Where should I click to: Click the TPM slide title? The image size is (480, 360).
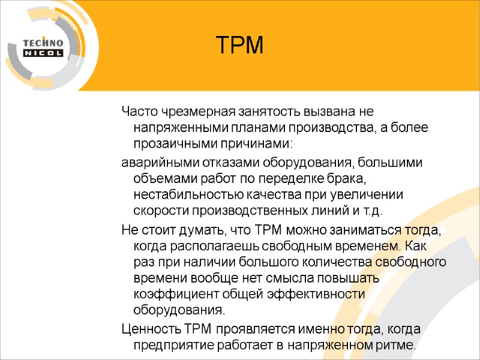click(x=239, y=45)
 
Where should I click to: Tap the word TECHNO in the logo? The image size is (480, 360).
click(x=43, y=43)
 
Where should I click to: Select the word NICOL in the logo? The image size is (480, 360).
click(x=43, y=53)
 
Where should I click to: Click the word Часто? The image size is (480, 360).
click(x=137, y=112)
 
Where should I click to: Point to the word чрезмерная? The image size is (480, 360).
click(x=190, y=112)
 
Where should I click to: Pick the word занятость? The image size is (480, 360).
click(x=258, y=112)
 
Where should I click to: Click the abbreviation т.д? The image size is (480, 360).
click(x=372, y=212)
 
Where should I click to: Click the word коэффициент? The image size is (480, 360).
click(x=172, y=295)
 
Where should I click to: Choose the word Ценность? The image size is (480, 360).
click(x=151, y=329)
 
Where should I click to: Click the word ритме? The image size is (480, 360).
click(x=395, y=346)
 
